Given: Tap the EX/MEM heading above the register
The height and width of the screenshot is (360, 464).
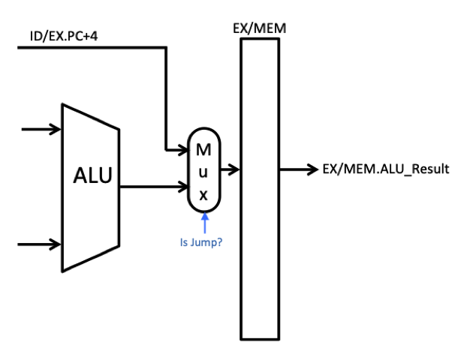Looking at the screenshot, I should [258, 28].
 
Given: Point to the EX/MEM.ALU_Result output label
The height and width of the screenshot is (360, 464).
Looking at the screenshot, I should [386, 169].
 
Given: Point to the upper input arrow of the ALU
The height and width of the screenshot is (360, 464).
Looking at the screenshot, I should [41, 130].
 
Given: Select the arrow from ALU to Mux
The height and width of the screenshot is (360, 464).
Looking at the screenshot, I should [153, 187].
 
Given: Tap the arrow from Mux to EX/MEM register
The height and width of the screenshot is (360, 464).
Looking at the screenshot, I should [231, 170].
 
